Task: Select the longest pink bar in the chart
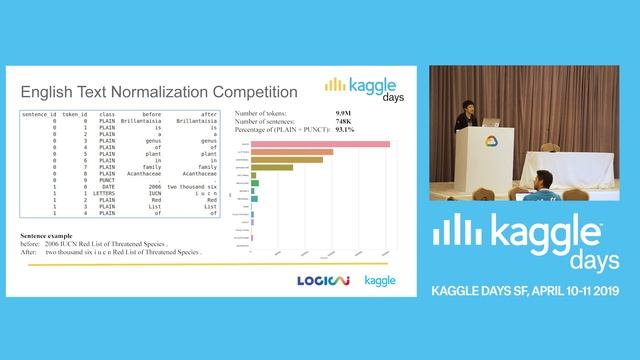(x=320, y=144)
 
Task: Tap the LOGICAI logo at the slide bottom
(x=322, y=280)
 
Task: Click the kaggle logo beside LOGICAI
(x=379, y=280)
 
